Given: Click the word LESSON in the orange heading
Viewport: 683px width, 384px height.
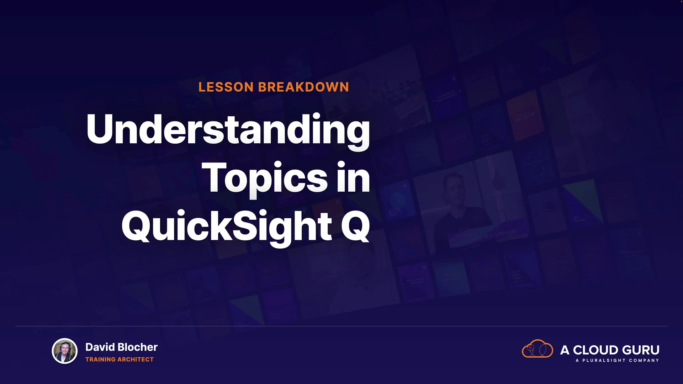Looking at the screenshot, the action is coord(226,87).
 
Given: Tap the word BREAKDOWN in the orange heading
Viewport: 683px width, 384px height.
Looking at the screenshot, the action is coord(303,87).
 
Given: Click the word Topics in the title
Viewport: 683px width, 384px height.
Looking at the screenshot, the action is coord(265,178).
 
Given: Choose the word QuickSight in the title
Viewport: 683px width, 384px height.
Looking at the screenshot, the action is coord(227,226).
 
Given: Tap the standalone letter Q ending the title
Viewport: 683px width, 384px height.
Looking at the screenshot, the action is coord(355,226).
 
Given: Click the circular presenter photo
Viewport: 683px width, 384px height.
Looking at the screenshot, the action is coord(65,351).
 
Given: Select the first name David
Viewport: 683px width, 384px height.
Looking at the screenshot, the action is coord(100,347).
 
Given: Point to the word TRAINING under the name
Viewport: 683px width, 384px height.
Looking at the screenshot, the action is coord(100,359).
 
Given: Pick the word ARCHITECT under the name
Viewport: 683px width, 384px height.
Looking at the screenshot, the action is coord(136,359).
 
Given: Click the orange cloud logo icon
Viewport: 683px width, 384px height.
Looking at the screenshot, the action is coord(537,349).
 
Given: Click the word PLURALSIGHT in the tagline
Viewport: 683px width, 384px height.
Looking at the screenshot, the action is coord(604,361).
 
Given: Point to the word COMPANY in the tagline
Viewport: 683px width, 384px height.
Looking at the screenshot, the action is coord(644,361).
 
